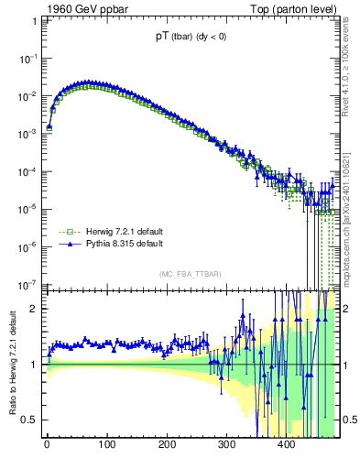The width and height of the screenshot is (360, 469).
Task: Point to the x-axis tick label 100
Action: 106,446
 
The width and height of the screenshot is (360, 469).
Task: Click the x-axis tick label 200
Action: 167,446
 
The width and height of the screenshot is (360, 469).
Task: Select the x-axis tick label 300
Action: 226,446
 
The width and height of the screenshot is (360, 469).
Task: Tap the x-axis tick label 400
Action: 286,446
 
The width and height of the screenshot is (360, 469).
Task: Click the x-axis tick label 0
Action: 47,446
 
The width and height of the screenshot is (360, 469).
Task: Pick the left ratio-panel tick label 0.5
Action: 29,420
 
